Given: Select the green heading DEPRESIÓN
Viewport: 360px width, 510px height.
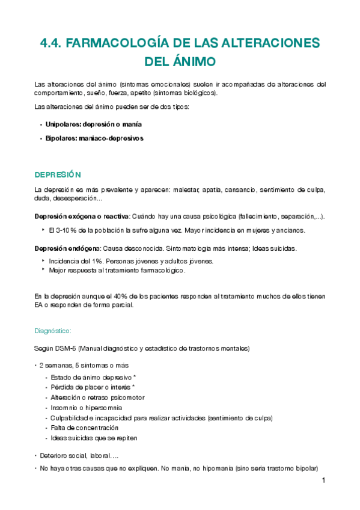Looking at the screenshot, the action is [57, 174].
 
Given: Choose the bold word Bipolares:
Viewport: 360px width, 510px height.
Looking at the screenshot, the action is [64, 138].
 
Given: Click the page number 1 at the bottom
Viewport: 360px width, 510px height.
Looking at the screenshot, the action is [323, 481].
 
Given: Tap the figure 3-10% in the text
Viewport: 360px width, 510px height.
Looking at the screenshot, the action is [61, 230].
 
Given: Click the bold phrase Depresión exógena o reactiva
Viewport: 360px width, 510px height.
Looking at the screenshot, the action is [82, 216].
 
